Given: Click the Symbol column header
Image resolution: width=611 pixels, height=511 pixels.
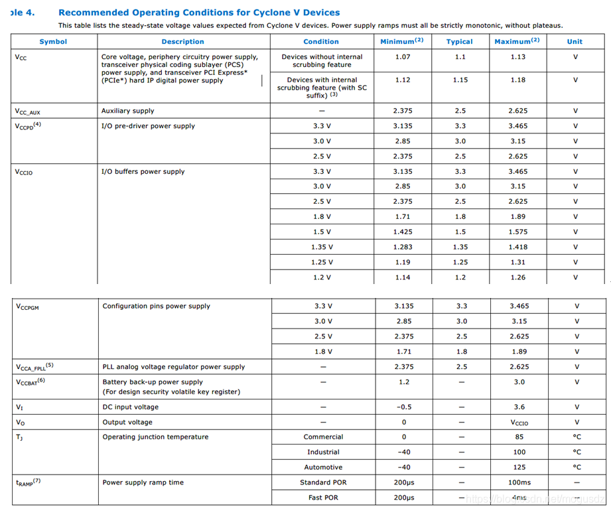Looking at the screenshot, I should [x=53, y=41].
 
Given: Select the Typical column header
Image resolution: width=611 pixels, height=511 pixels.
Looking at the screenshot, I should [x=459, y=41].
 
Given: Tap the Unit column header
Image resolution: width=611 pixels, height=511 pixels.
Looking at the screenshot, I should [x=575, y=41].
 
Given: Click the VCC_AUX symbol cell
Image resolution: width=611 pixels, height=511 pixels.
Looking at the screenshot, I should [x=27, y=111].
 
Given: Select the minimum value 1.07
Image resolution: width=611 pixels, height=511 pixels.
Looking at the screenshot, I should [x=403, y=57].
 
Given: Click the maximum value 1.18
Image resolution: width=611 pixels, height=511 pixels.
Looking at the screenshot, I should [x=518, y=80].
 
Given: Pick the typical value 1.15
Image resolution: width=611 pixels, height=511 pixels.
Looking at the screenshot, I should [x=460, y=80].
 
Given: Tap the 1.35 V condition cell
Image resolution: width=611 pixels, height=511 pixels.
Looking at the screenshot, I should [x=322, y=247].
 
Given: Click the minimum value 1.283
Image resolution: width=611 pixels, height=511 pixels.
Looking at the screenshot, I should [x=403, y=247].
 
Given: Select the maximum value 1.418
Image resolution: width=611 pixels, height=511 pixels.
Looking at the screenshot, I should [x=518, y=247].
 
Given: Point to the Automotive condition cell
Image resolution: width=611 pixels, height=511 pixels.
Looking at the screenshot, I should [x=323, y=467].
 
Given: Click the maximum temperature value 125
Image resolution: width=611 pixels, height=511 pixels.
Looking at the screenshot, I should [x=519, y=467].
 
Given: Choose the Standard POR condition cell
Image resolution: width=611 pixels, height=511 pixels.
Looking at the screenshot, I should [x=323, y=482].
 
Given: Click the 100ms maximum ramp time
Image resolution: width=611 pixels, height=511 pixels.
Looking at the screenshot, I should [x=519, y=482].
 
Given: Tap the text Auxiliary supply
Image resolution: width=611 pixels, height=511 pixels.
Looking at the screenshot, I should [x=127, y=111].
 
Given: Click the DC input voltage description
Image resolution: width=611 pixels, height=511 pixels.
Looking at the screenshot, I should [x=130, y=407].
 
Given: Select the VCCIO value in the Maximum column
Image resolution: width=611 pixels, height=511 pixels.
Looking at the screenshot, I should [x=519, y=422].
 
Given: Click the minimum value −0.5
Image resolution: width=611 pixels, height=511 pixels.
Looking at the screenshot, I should [x=404, y=407].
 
